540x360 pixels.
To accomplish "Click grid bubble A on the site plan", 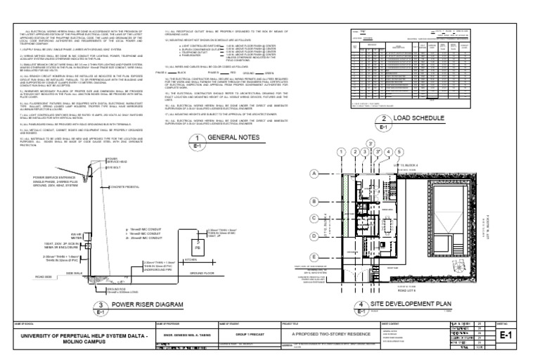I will (315, 173).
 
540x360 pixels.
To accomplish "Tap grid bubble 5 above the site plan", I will (399, 152).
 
